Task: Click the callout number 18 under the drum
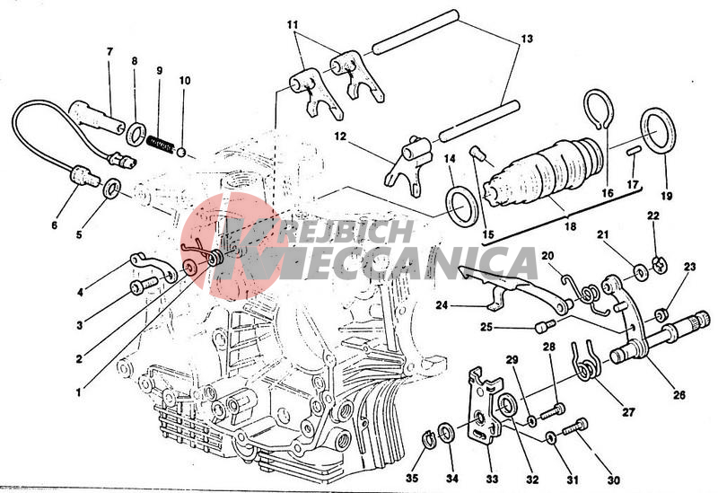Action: coord(570,226)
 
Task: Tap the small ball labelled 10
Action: coord(182,152)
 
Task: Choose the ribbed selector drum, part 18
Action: coord(544,172)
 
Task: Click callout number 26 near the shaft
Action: coord(679,394)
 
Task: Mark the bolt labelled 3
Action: coord(144,286)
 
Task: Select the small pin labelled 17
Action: coord(633,151)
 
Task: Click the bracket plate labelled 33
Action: coord(486,406)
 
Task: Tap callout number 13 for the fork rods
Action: coord(527,39)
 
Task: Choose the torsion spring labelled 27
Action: coord(585,361)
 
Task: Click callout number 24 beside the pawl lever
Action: coord(442,304)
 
